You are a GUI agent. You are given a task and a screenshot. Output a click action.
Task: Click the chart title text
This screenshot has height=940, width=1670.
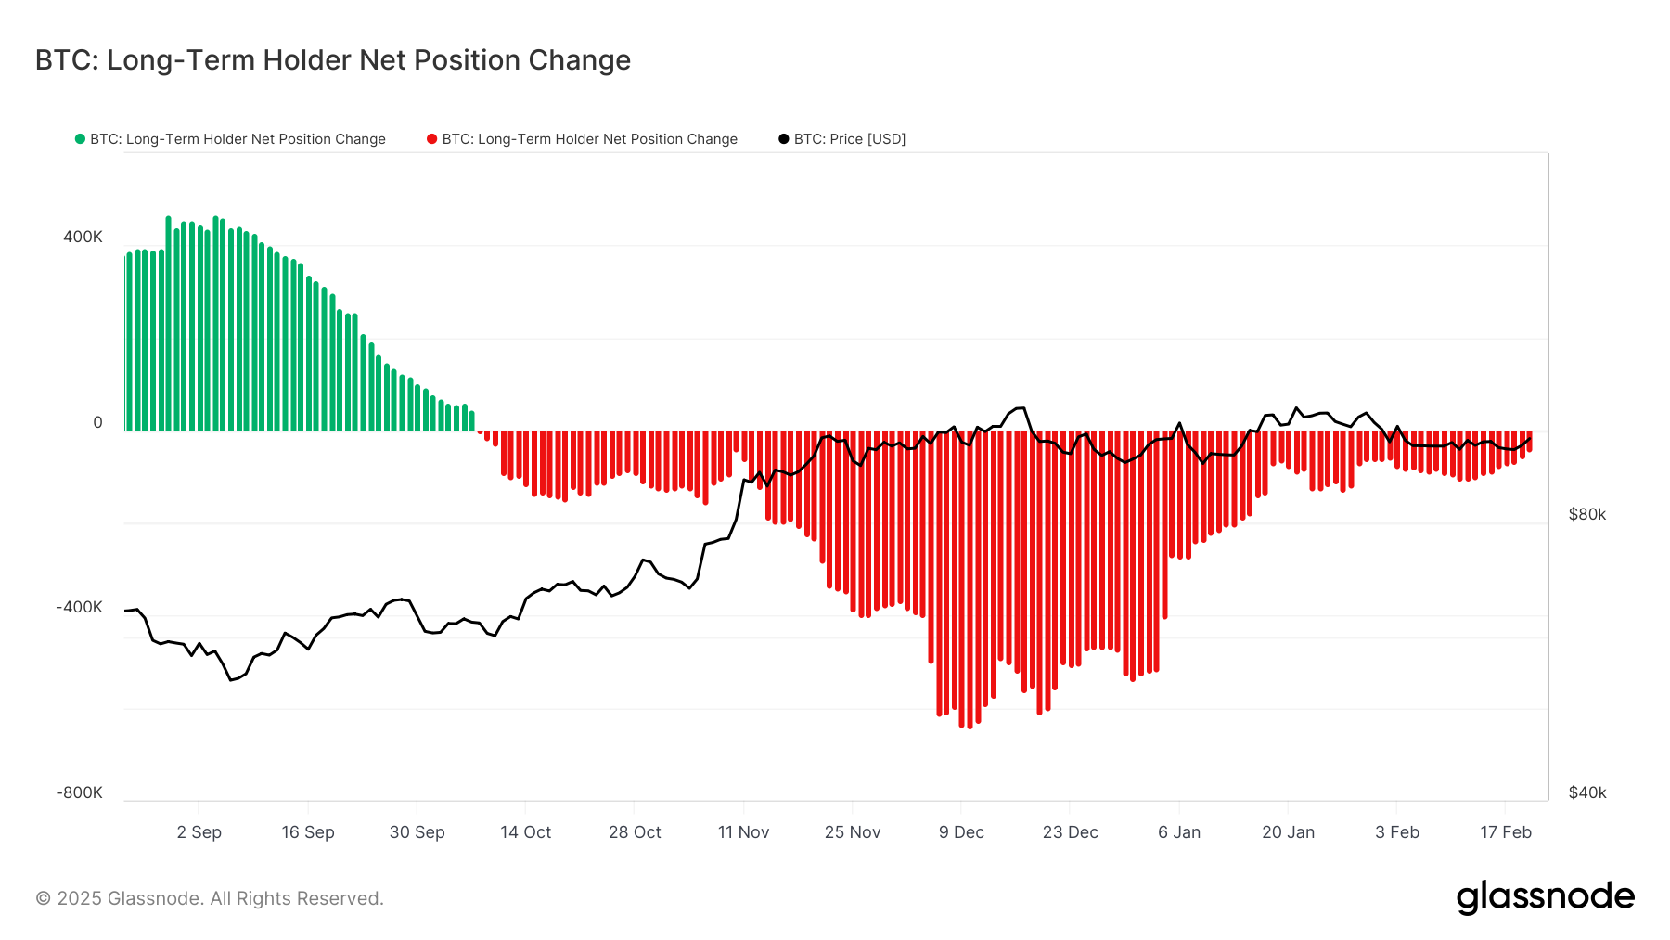[332, 60]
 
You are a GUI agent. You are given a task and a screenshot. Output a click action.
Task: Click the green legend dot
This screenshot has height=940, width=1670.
[80, 139]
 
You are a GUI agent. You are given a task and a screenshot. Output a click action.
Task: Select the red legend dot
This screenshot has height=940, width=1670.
[431, 139]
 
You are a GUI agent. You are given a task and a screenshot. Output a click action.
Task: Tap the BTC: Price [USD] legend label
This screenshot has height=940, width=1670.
[849, 139]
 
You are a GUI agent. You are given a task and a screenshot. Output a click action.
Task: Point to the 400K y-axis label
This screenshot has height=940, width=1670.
[83, 237]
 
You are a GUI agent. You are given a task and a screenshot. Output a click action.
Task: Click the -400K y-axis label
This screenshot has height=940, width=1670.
[79, 607]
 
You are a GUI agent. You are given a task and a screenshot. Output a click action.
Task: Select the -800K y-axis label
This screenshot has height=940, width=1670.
[79, 792]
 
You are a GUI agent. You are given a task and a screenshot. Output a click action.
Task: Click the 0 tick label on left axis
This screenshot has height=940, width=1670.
[97, 422]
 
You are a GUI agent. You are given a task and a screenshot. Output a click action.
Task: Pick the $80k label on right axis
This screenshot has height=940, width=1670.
[1586, 514]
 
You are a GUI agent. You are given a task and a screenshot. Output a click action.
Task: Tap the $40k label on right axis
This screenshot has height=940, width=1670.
[1586, 792]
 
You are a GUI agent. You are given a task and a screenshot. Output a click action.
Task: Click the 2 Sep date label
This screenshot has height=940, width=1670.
[199, 832]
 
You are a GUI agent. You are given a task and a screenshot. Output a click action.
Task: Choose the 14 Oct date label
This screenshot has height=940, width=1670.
[525, 832]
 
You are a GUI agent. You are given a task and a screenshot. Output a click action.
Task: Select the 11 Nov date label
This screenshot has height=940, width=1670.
[743, 832]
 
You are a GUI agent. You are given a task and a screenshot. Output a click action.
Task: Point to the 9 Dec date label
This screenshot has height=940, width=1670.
[961, 832]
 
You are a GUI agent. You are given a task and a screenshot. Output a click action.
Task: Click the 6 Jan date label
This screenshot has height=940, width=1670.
[1178, 832]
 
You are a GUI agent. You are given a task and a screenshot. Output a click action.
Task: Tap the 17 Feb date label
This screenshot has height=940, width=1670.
[1505, 832]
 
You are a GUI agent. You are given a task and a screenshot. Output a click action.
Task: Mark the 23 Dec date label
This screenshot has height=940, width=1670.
[1070, 832]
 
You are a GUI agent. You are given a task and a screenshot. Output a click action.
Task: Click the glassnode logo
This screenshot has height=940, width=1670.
[1545, 897]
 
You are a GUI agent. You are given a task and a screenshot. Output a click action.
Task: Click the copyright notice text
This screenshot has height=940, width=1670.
[209, 898]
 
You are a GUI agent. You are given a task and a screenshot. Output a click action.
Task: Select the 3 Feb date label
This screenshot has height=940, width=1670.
[1396, 832]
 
